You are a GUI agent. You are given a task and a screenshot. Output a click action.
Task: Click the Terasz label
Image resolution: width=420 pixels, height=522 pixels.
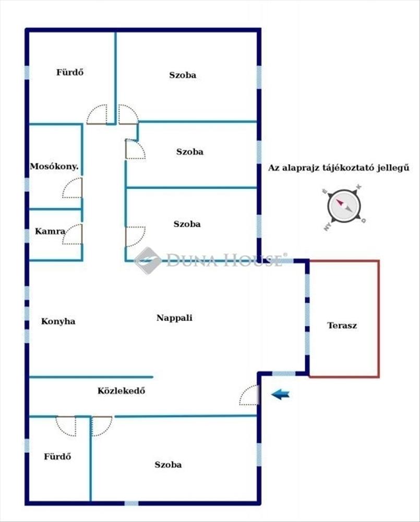[342, 325]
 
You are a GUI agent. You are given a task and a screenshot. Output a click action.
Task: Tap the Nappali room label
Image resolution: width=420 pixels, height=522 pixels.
[174, 317]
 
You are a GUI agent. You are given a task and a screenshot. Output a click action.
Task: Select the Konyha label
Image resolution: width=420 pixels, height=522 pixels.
[58, 321]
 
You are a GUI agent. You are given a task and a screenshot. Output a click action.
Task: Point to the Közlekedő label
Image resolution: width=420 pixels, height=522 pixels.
[121, 390]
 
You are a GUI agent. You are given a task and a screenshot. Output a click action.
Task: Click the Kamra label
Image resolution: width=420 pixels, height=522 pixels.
[50, 231]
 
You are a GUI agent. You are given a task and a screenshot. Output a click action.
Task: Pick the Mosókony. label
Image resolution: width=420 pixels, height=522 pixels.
[54, 167]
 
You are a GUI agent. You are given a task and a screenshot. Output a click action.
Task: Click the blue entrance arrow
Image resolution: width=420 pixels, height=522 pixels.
[280, 395]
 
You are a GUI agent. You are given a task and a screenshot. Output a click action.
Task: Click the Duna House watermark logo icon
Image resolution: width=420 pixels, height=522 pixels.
[148, 260]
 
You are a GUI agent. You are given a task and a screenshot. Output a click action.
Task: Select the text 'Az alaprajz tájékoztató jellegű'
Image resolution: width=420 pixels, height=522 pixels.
[338, 168]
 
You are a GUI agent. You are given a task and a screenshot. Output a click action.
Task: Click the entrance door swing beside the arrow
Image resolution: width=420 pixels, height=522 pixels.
[249, 395]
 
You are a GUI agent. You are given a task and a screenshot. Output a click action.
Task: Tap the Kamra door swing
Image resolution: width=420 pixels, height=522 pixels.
[73, 234]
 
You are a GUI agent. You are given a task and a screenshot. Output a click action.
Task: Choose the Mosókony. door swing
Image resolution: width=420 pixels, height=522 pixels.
[73, 188]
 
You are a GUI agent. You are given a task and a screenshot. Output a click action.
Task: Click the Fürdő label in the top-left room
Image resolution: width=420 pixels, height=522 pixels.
[70, 73]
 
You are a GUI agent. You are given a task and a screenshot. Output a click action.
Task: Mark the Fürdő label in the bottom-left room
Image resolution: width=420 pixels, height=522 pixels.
[57, 456]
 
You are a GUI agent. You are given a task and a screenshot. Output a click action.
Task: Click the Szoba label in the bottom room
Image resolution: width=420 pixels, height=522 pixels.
[168, 465]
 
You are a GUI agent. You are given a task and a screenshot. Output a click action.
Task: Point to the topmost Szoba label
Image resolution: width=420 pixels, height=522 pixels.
[183, 75]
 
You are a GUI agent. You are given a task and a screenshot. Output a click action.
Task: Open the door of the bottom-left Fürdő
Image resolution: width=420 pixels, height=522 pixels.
[66, 425]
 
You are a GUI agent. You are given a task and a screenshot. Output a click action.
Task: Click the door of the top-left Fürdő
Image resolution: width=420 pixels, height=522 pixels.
[97, 115]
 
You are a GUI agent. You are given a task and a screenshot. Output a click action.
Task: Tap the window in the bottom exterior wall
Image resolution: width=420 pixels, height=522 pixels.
[131, 503]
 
